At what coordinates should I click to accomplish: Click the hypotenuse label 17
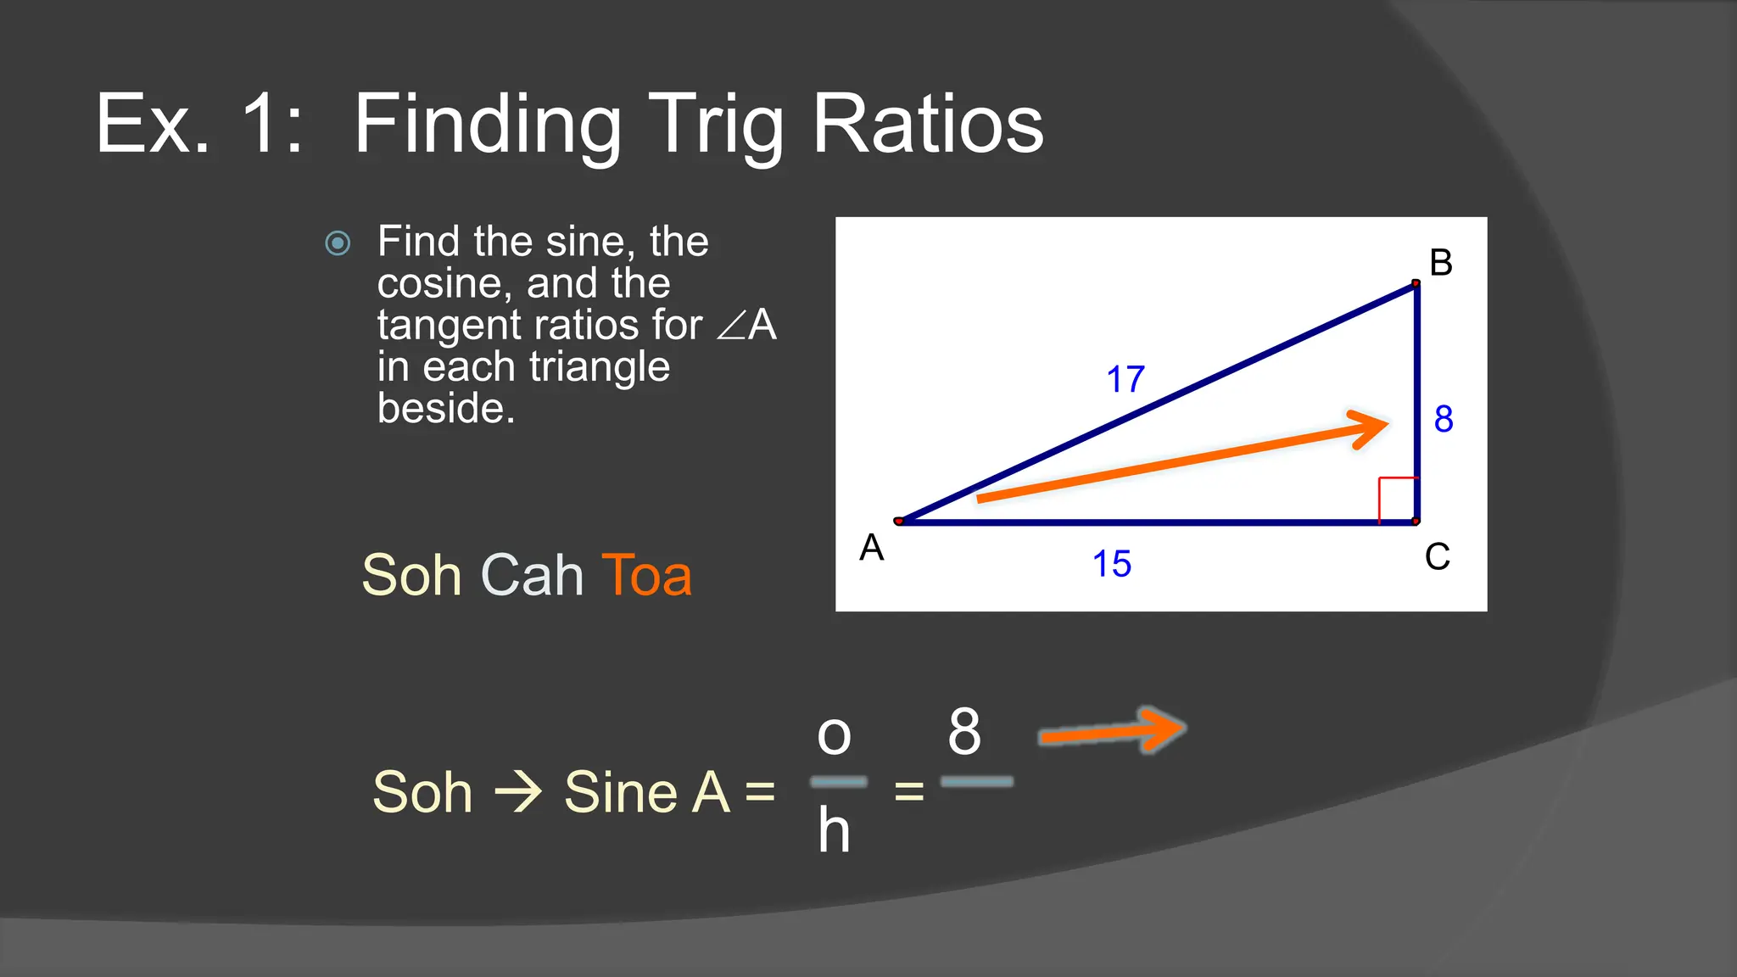tap(1125, 379)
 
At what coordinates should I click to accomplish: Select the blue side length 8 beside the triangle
tap(1444, 419)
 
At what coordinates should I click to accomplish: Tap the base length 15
tap(1112, 564)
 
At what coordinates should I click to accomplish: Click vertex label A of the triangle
tap(872, 548)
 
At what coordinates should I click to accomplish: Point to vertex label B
tap(1441, 263)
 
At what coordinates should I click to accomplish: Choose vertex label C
tap(1438, 557)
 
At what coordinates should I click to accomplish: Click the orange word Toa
tap(646, 575)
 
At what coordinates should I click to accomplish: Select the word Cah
tap(532, 575)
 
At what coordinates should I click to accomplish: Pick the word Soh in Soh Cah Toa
tap(411, 575)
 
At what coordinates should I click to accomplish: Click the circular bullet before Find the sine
tap(338, 243)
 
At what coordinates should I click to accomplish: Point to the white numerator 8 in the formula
tap(964, 731)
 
